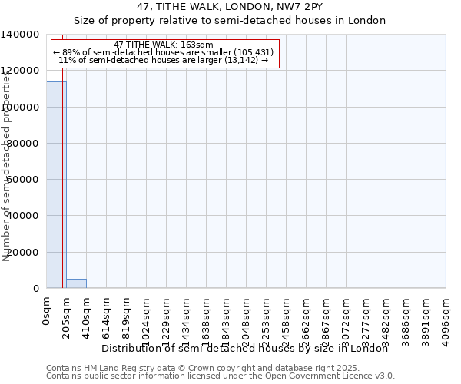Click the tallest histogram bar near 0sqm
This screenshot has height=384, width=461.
click(56, 184)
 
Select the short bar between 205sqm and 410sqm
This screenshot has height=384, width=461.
click(76, 283)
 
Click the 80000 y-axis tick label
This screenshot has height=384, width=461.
click(24, 144)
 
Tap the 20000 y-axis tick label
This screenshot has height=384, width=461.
click(24, 253)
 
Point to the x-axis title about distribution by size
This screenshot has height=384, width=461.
click(245, 348)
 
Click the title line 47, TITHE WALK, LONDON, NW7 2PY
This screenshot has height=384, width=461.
click(230, 7)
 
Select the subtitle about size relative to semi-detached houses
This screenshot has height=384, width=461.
click(230, 21)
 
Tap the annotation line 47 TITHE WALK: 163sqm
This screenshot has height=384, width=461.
click(163, 45)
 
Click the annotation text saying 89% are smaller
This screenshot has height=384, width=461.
click(163, 53)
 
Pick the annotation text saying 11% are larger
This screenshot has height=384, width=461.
click(163, 61)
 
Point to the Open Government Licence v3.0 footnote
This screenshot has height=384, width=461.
click(220, 376)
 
